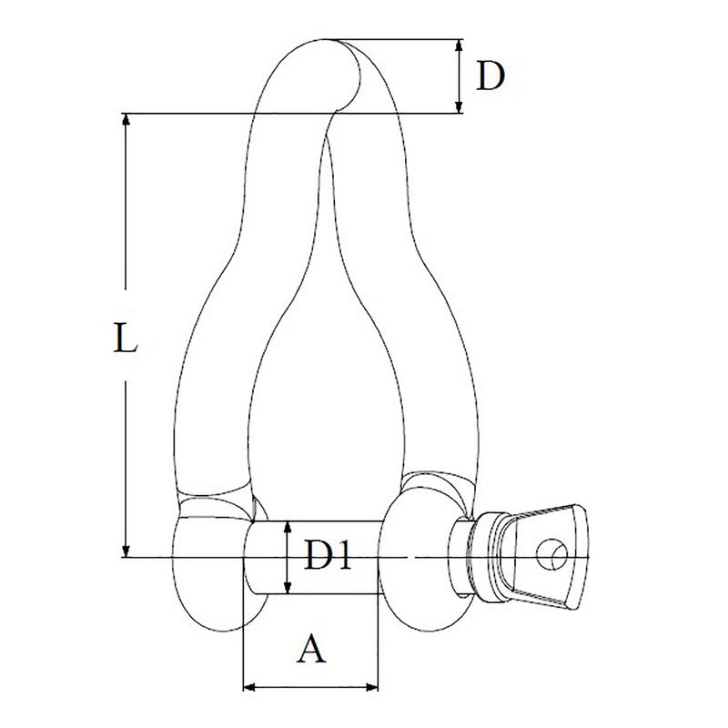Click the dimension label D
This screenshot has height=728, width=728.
pyautogui.click(x=490, y=76)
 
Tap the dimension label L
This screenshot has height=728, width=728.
pyautogui.click(x=126, y=338)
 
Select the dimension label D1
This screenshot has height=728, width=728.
pyautogui.click(x=328, y=554)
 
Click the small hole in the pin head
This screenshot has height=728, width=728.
pyautogui.click(x=552, y=554)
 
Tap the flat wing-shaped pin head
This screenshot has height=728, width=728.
pyautogui.click(x=548, y=556)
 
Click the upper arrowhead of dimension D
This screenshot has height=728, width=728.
pyautogui.click(x=459, y=45)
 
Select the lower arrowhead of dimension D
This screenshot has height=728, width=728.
pyautogui.click(x=459, y=107)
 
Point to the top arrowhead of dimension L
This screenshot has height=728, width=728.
pyautogui.click(x=126, y=119)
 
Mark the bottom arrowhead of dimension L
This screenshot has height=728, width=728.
pyautogui.click(x=126, y=551)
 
